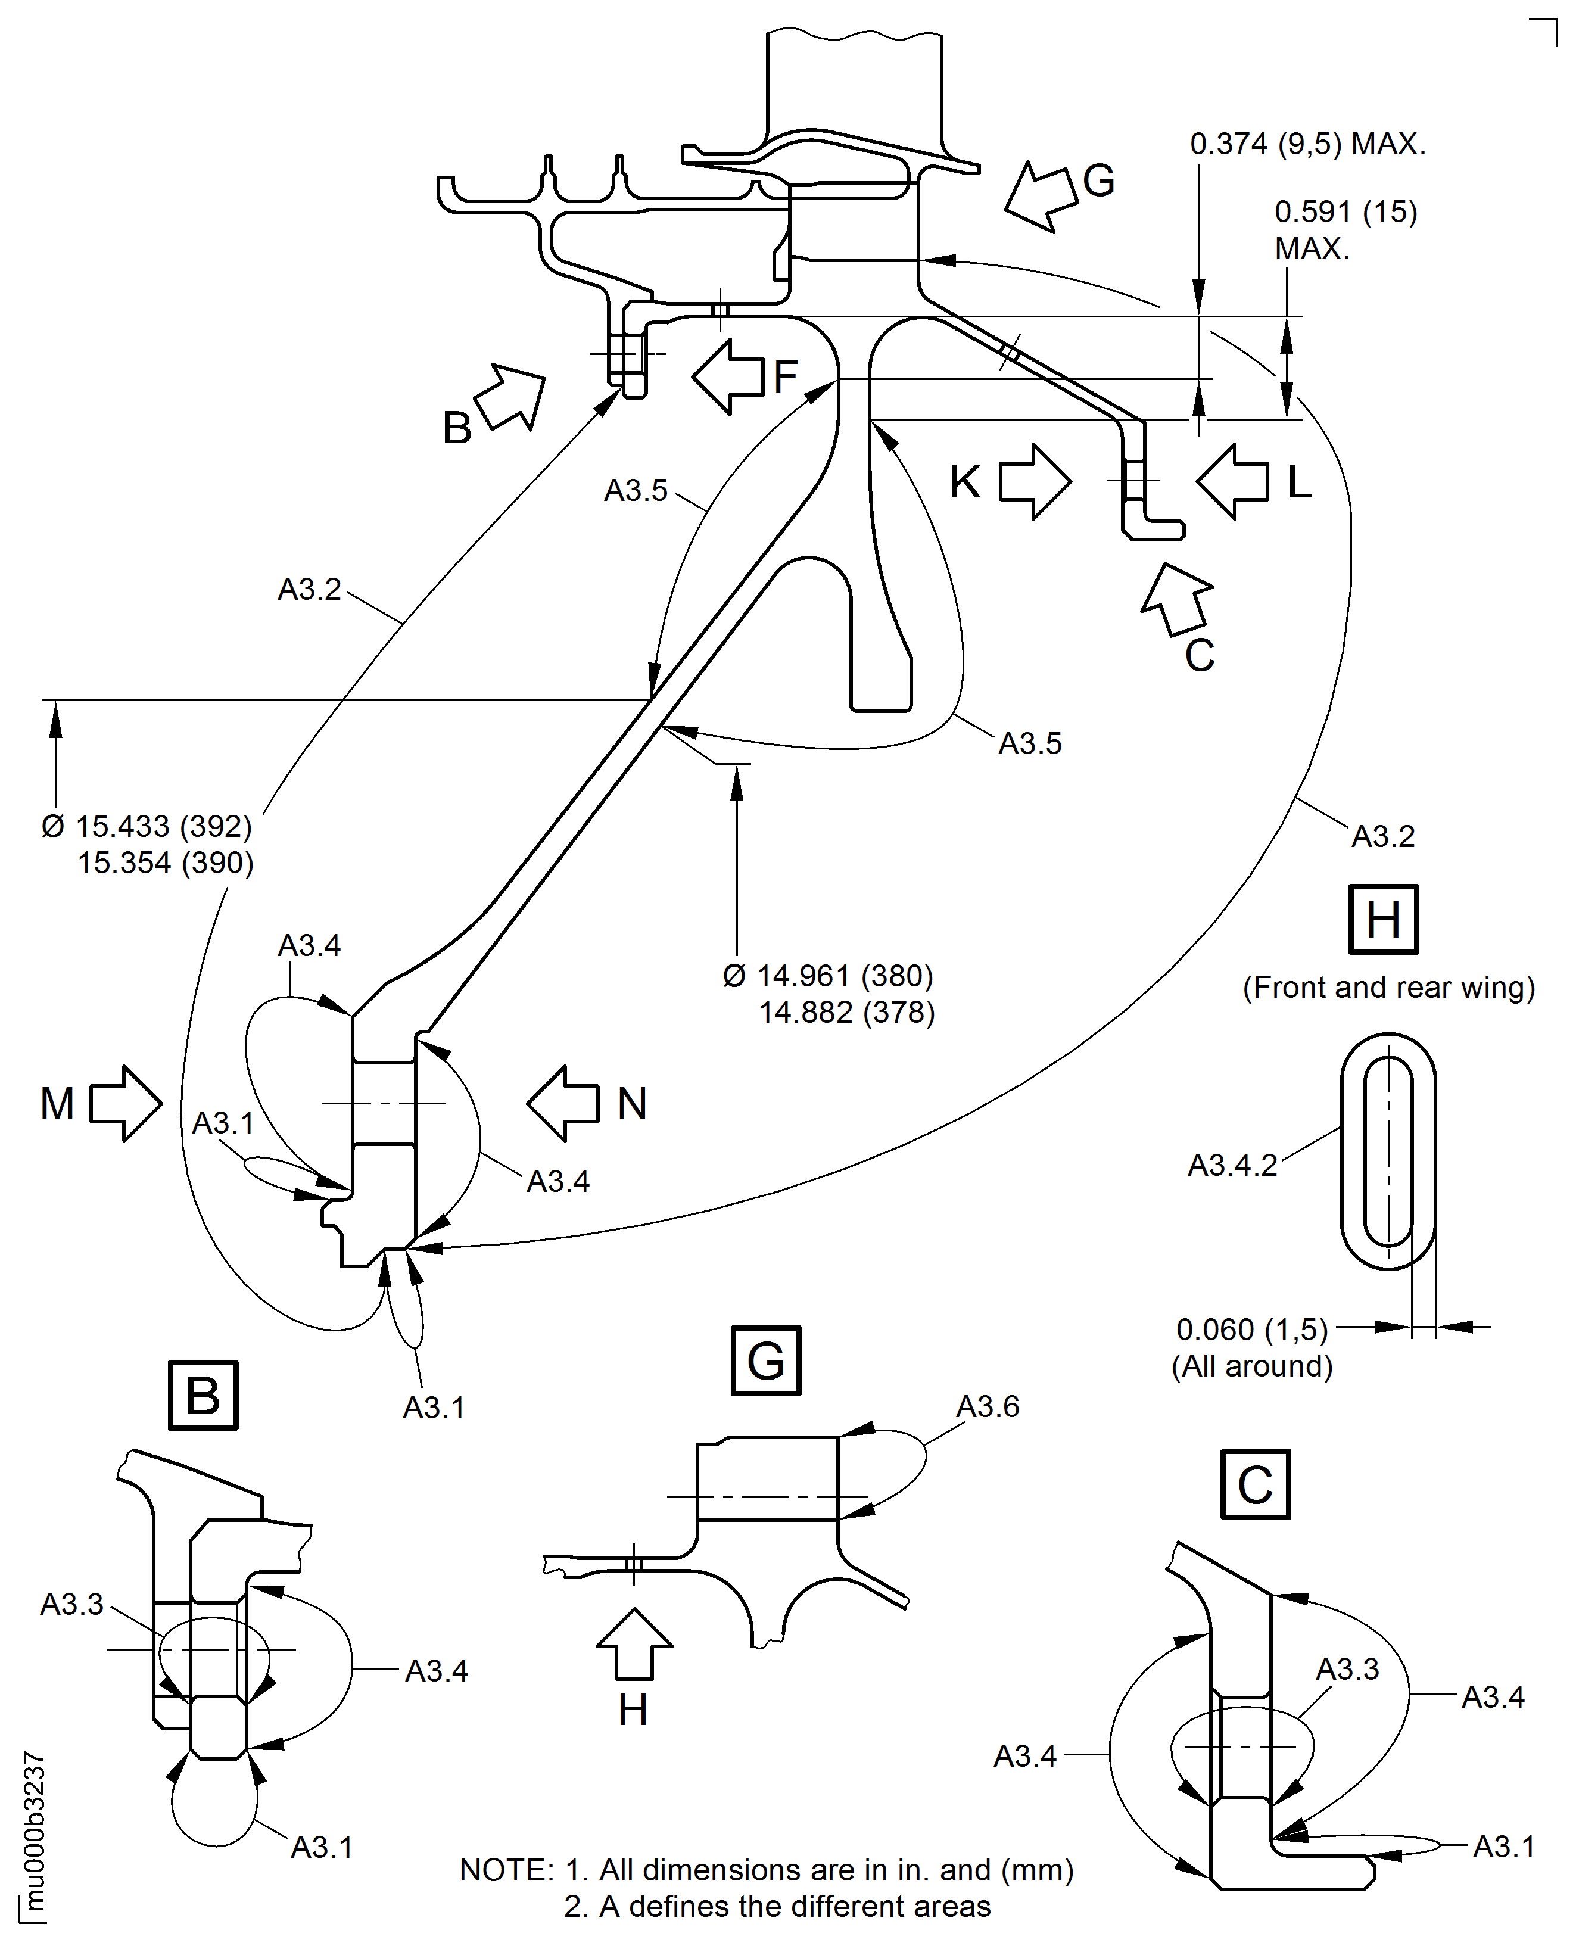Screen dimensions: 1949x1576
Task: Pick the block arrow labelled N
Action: point(563,1103)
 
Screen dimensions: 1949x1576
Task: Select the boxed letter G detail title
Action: point(765,1360)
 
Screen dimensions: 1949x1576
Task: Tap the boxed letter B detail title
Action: point(203,1395)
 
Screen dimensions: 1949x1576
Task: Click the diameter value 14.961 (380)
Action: point(828,976)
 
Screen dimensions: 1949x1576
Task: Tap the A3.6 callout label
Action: point(988,1406)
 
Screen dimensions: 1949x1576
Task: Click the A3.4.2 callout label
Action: point(1232,1165)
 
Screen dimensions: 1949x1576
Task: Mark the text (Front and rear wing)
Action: point(1388,988)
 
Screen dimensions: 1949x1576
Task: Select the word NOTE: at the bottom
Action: point(506,1870)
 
